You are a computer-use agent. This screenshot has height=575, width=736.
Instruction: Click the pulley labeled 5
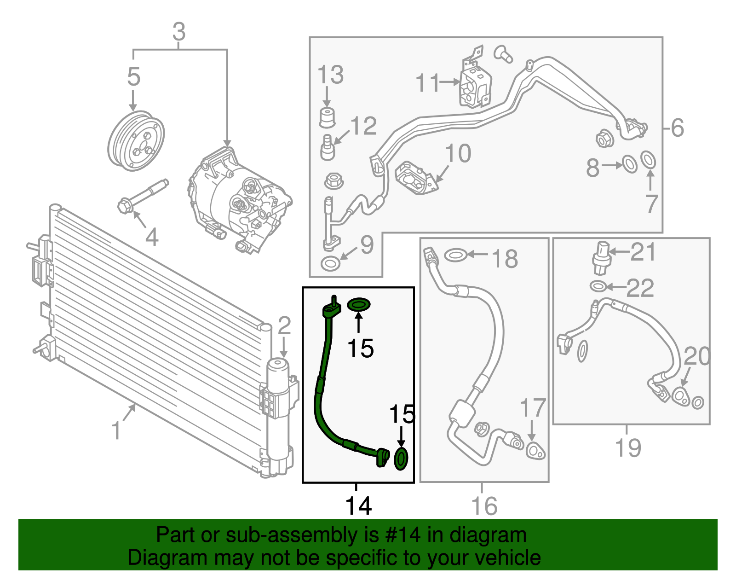[x=136, y=141]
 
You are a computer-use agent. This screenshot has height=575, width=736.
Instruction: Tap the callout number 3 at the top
[x=179, y=32]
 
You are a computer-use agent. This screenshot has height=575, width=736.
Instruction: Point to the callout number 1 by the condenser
[x=116, y=431]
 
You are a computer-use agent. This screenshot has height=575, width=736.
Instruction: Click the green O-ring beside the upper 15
[x=359, y=304]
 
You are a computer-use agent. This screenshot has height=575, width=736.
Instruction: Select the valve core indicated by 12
[x=327, y=147]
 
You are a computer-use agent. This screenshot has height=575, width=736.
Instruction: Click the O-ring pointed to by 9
[x=330, y=264]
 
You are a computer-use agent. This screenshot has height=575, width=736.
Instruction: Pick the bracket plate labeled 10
[x=414, y=178]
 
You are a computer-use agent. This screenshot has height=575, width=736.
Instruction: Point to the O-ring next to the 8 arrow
[x=629, y=164]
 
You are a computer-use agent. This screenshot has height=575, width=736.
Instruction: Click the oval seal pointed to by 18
[x=455, y=254]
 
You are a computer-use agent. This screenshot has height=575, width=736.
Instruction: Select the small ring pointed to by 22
[x=598, y=286]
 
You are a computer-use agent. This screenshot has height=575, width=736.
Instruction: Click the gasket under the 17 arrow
[x=535, y=450]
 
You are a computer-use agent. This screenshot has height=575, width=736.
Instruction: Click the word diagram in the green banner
[x=488, y=535]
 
